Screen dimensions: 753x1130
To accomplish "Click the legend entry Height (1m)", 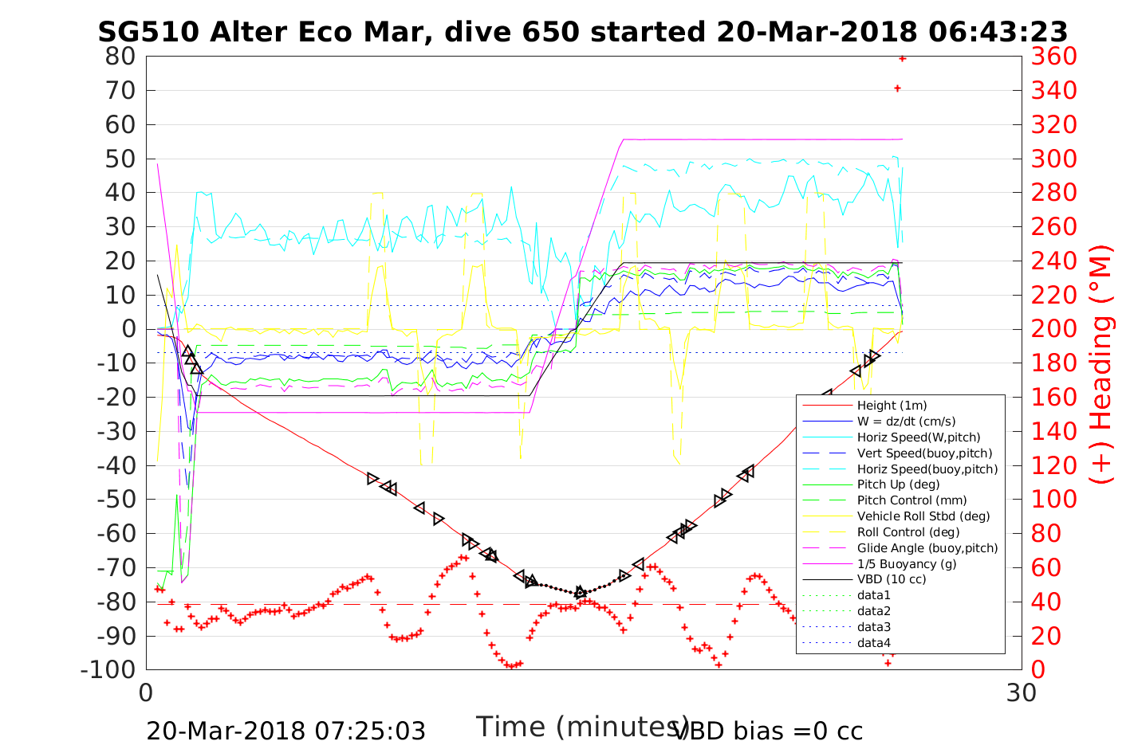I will (892, 406).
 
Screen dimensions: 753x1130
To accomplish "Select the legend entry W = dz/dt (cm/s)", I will (906, 422).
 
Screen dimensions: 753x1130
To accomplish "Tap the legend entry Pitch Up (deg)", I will (898, 484).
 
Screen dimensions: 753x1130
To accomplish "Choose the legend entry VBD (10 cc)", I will (892, 579).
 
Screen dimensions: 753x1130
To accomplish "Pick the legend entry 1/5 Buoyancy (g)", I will (907, 563).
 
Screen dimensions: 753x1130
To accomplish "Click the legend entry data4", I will (873, 642).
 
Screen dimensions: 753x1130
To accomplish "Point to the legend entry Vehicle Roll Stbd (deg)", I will (923, 516).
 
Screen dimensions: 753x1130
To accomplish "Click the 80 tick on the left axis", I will (120, 57).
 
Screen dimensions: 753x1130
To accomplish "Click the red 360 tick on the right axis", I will (1053, 57).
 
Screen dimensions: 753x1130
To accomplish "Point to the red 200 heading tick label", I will (1053, 329).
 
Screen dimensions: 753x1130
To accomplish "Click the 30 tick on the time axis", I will (1022, 692).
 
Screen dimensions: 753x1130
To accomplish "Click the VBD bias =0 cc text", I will (768, 731).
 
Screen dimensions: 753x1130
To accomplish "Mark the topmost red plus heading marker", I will (902, 58).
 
